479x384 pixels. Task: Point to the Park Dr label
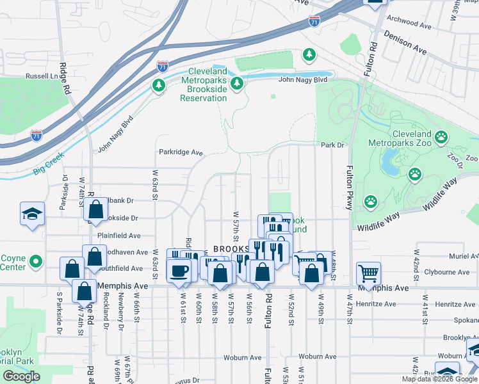coord(332,145)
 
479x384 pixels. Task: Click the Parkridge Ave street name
coord(181,153)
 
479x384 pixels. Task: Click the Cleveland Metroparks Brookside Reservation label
coord(204,84)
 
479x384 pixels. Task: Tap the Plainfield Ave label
coord(120,236)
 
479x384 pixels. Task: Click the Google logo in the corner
coord(22,376)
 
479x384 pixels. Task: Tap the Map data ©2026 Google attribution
coord(439,379)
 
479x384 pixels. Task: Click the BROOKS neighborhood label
coord(231,249)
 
